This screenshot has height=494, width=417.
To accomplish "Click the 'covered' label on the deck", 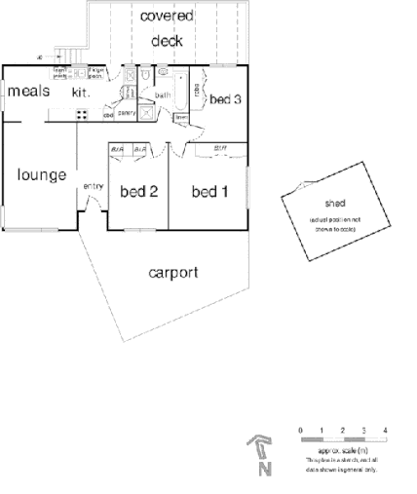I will pos(166,17).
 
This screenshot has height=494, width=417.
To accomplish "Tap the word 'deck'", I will pos(167,41).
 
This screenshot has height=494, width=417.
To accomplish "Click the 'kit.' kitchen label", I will pos(80,93).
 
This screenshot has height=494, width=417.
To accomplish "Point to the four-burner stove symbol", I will pos(82,114).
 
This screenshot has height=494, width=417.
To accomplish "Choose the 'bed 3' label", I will pos(225,98).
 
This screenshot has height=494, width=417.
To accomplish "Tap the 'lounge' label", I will pos(41,175).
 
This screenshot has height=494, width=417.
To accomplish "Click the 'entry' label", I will pos(94,186).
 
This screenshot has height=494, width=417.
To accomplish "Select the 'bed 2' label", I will pos(138,192).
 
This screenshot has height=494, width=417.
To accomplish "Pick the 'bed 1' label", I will pos(209,192).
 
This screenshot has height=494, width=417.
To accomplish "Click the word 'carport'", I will pos(174,272).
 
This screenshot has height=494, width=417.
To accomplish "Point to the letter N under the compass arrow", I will pos(264,470).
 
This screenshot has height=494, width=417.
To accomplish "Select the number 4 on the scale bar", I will pos(386,430).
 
